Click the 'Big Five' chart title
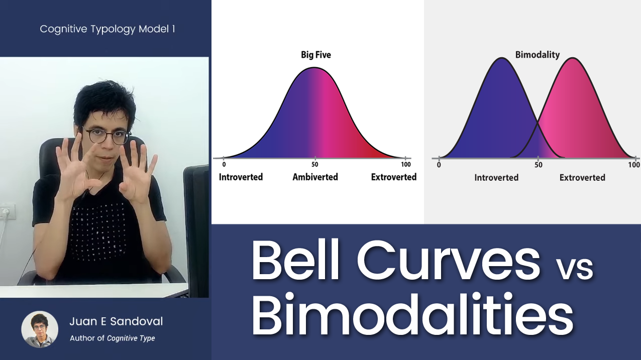coord(315,55)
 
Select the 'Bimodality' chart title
coord(538,55)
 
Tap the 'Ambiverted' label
coord(315,177)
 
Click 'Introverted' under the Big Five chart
coord(241,177)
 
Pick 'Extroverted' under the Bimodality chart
coord(582,178)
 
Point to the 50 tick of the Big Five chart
coord(315,158)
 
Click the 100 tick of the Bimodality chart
coord(635,159)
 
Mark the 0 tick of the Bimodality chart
coord(439,159)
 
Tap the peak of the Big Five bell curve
coord(314,67)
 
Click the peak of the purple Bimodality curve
coord(502,58)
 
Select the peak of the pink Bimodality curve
coord(573,58)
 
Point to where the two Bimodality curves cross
coord(538,123)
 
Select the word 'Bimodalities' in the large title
coord(412,314)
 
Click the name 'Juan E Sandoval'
coord(116,321)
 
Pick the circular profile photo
coord(40,329)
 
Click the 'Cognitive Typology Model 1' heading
coord(108,29)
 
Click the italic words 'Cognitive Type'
coord(131,338)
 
